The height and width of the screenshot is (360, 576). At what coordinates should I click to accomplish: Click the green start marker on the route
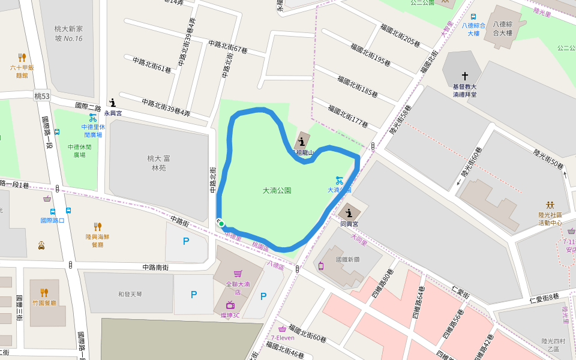pyautogui.click(x=221, y=224)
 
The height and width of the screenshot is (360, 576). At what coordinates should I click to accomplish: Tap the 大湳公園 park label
pyautogui.click(x=277, y=190)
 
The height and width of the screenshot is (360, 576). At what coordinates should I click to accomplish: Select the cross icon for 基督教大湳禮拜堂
pyautogui.click(x=464, y=77)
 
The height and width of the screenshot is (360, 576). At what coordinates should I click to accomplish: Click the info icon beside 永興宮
pyautogui.click(x=112, y=103)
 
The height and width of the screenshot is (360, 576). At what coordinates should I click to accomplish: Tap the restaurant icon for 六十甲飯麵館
pyautogui.click(x=22, y=58)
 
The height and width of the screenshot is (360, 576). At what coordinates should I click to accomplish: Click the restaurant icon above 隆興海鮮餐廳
pyautogui.click(x=97, y=227)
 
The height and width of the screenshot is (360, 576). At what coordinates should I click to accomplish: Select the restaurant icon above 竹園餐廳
pyautogui.click(x=44, y=293)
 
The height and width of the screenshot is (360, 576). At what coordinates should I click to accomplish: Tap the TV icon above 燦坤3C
pyautogui.click(x=230, y=305)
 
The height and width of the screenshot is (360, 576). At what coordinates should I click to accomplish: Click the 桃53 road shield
pyautogui.click(x=42, y=96)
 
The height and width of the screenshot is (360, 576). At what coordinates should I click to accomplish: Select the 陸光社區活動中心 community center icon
pyautogui.click(x=550, y=205)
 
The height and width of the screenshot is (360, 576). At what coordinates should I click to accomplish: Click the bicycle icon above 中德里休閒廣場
pyautogui.click(x=93, y=118)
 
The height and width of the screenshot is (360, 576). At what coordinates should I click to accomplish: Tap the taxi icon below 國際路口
pyautogui.click(x=41, y=245)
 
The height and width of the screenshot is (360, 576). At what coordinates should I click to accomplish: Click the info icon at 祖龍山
pyautogui.click(x=301, y=142)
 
